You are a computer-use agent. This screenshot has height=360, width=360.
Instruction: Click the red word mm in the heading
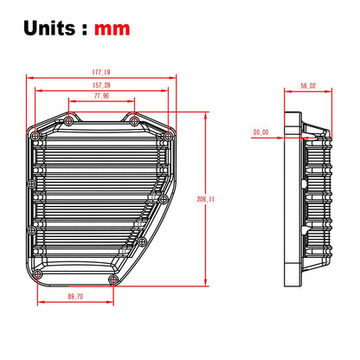112,29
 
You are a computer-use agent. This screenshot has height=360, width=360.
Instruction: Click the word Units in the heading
49,28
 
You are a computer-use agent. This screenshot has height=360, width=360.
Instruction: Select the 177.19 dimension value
101,72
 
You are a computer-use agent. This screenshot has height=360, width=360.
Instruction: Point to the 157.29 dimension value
101,85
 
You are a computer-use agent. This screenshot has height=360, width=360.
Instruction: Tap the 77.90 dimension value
101,96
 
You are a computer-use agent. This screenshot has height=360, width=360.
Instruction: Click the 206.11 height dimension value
206,199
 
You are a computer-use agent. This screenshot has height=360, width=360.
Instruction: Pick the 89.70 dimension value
75,296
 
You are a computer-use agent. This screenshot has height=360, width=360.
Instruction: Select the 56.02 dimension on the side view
308,86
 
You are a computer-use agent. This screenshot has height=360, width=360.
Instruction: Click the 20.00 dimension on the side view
260,132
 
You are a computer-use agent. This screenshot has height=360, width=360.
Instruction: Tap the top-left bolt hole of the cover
68,121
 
